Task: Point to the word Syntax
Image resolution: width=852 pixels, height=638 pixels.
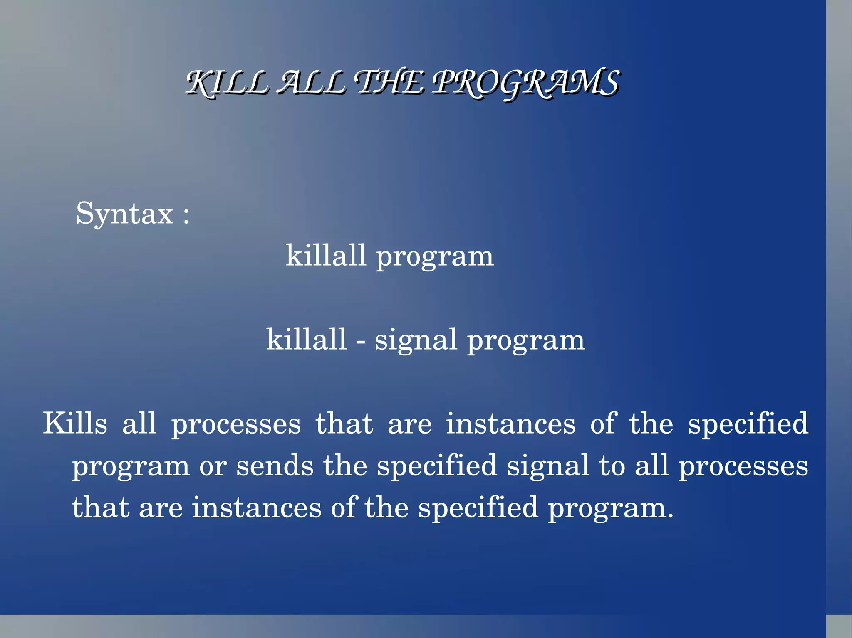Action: coord(124,214)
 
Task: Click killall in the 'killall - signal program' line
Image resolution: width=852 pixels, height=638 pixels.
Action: coord(306,339)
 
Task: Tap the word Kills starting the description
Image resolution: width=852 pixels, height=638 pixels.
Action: coord(75,424)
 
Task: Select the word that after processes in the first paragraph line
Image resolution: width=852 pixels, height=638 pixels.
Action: coord(344,424)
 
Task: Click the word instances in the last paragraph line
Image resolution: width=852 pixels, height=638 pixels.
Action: coord(257,507)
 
